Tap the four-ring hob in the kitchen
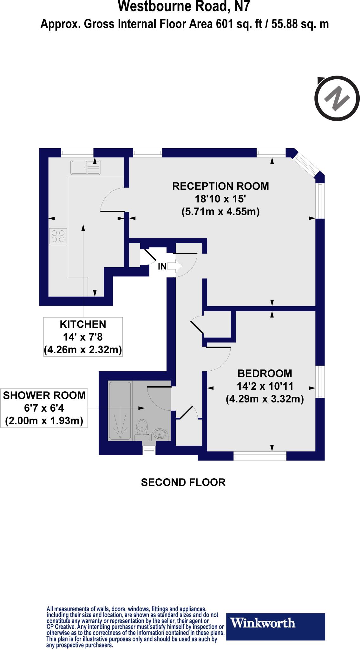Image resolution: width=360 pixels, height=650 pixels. coord(58,236)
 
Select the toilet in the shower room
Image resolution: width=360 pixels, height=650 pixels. coord(142,427)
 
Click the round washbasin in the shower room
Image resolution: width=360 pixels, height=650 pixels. coord(160,434)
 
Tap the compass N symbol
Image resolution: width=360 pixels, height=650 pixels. coord(337,98)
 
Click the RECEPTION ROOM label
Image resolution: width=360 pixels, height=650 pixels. coord(220,186)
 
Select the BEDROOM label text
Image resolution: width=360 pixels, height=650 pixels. coord(265,373)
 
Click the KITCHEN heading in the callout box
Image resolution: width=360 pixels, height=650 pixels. coord(83,324)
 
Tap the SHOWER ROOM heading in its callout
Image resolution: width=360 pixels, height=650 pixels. coord(44,395)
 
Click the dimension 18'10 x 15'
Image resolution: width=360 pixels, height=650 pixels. coord(220,199)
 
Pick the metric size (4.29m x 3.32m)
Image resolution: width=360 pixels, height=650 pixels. coord(265,399)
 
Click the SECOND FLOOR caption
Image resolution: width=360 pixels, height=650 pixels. coord(183,482)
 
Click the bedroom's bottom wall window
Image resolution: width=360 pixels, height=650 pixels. coord(260,456)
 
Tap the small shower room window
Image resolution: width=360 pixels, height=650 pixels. coord(149,450)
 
